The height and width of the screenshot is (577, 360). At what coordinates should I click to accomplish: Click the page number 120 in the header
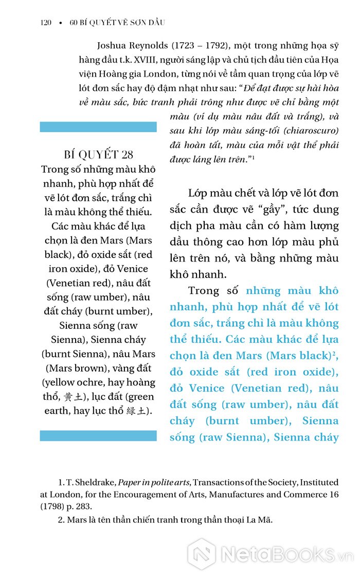tap(45, 23)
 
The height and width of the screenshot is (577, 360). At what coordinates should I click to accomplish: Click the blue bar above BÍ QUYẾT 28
tap(98, 127)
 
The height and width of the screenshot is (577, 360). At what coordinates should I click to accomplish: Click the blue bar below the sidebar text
tap(98, 435)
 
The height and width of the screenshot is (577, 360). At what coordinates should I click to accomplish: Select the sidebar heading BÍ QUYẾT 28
tap(98, 154)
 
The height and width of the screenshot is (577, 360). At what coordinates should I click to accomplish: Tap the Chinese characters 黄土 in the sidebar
tap(71, 396)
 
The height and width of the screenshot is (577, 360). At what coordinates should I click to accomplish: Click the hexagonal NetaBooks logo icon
tap(201, 554)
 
